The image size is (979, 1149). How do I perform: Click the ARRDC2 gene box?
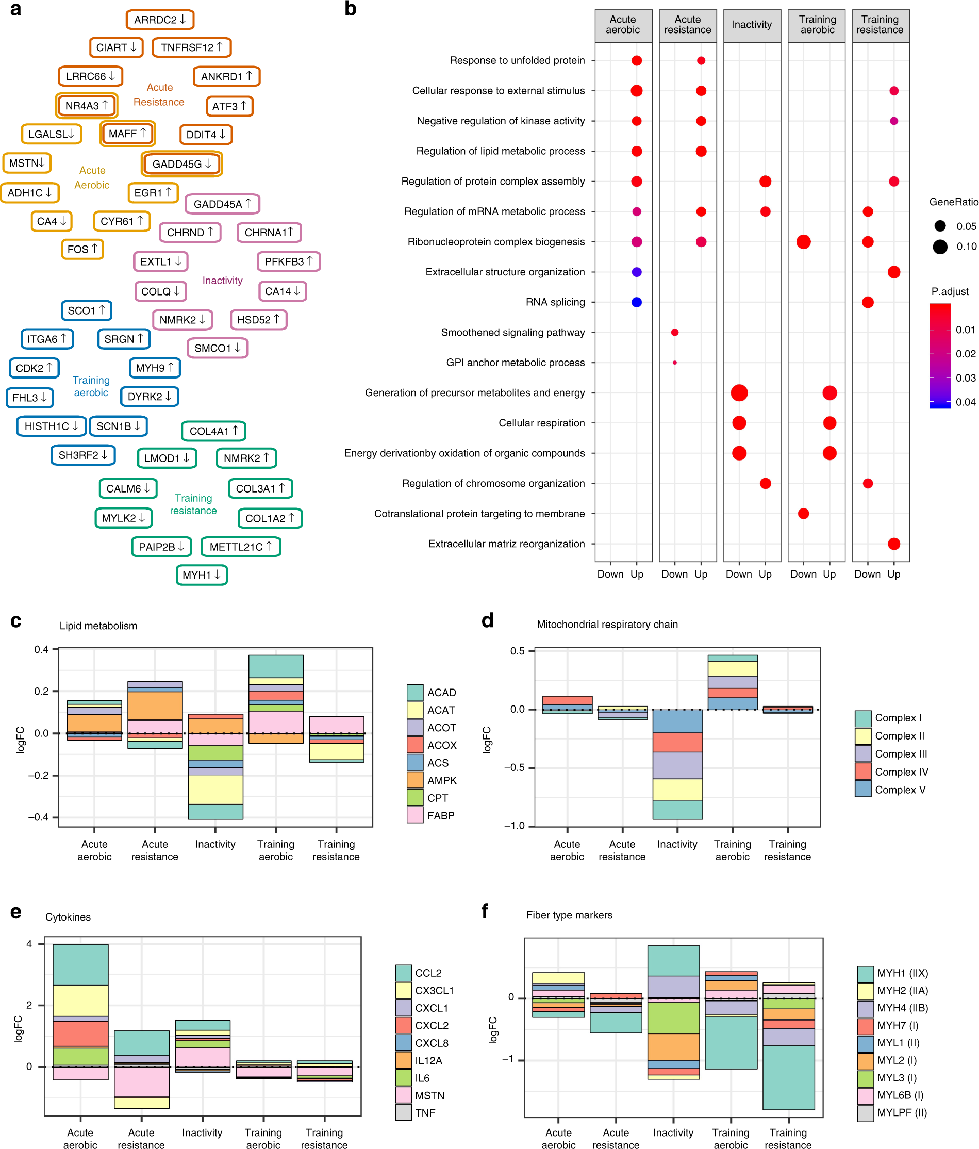pos(160,20)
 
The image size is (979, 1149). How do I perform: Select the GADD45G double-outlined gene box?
pos(182,164)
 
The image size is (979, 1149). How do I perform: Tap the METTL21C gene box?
pos(241,547)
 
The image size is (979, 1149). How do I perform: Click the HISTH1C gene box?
pos(51,426)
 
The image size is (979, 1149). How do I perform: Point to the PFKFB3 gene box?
pos(288,261)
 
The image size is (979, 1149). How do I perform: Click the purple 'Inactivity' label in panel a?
pos(222,281)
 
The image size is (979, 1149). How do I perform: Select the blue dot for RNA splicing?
pos(636,302)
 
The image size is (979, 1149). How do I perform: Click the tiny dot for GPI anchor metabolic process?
pos(674,363)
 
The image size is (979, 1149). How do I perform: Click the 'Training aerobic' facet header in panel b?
pos(817,25)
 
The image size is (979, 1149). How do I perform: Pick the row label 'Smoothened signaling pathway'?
pos(512,332)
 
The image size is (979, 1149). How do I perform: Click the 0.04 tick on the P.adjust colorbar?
pos(965,402)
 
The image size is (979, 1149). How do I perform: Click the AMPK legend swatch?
pos(415,780)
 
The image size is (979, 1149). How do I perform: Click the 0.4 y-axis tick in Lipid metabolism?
pos(42,649)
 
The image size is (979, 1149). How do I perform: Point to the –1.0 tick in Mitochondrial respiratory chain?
pos(514,826)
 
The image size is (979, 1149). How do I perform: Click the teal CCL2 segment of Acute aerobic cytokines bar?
pos(80,964)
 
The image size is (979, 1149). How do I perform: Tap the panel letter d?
pos(487,620)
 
